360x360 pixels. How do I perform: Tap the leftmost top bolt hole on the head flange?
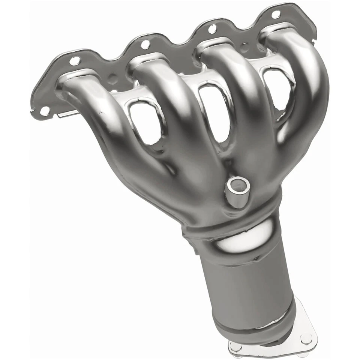pyautogui.click(x=75, y=60)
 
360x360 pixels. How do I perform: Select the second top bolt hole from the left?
pyautogui.click(x=145, y=45)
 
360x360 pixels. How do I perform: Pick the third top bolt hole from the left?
pyautogui.click(x=212, y=28)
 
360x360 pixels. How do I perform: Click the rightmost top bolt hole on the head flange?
pyautogui.click(x=276, y=15)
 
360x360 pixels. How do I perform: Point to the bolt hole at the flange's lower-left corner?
pyautogui.click(x=45, y=111)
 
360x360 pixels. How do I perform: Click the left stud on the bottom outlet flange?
pyautogui.click(x=236, y=347)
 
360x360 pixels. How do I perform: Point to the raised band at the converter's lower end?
pyautogui.click(x=255, y=322)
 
